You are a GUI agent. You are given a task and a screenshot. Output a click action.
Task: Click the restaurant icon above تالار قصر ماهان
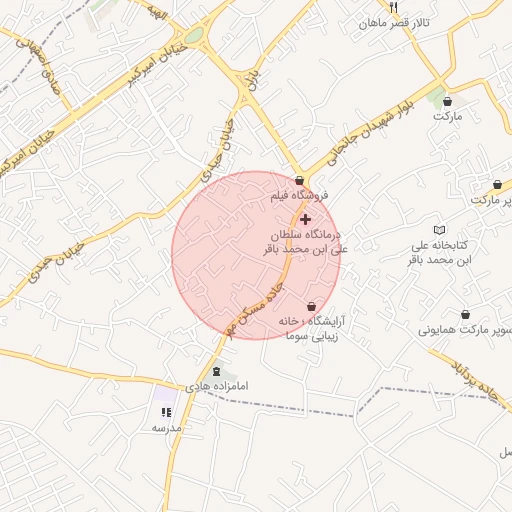[x=365, y=8]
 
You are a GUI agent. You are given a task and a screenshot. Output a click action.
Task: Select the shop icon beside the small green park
[x=447, y=101]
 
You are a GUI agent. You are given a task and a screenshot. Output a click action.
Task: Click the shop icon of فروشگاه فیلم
[x=300, y=179]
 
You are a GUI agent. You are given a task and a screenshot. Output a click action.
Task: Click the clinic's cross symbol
[x=305, y=219]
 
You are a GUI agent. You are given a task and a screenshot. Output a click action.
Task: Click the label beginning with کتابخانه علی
[x=440, y=252]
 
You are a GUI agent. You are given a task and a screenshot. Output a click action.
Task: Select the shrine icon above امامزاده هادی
[x=217, y=372]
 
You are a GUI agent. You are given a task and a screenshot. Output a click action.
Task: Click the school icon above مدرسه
[x=166, y=411]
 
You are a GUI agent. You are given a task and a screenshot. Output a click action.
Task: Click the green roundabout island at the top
[x=193, y=35]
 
